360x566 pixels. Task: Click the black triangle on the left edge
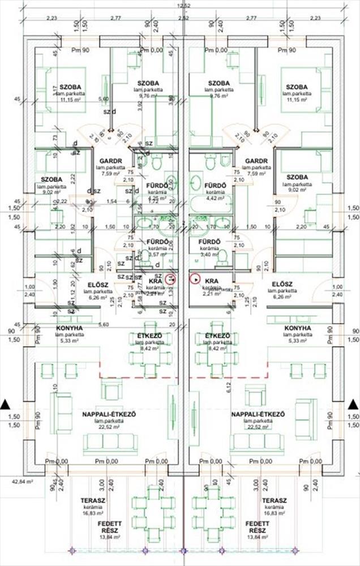[5, 404]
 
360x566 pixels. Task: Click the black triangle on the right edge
[354, 404]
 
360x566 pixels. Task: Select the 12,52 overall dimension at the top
[183, 6]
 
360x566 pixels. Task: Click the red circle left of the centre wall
[172, 278]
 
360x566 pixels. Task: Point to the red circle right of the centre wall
[195, 278]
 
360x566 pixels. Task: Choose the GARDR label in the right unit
[256, 161]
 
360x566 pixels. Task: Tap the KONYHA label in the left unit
[70, 328]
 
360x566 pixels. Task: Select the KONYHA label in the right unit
[297, 328]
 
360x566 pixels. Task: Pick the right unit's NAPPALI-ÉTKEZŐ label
[257, 415]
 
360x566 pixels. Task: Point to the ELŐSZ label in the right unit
[281, 284]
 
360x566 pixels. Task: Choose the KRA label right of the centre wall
[212, 280]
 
